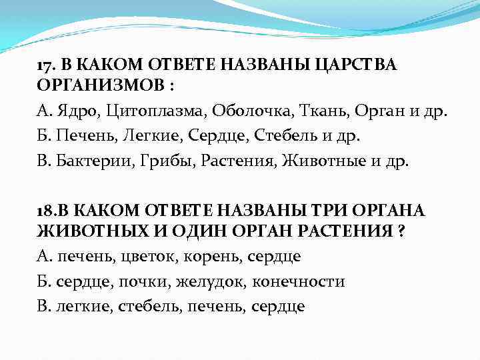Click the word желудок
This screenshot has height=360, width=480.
coord(211,281)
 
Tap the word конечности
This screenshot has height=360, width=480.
coord(299,281)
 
